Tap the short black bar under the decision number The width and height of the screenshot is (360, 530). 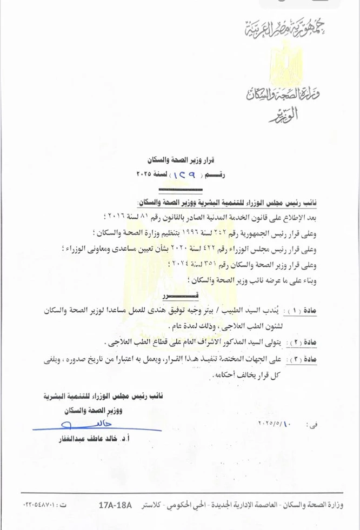coord(180,190)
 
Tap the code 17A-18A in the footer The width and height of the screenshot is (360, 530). coord(115,505)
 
